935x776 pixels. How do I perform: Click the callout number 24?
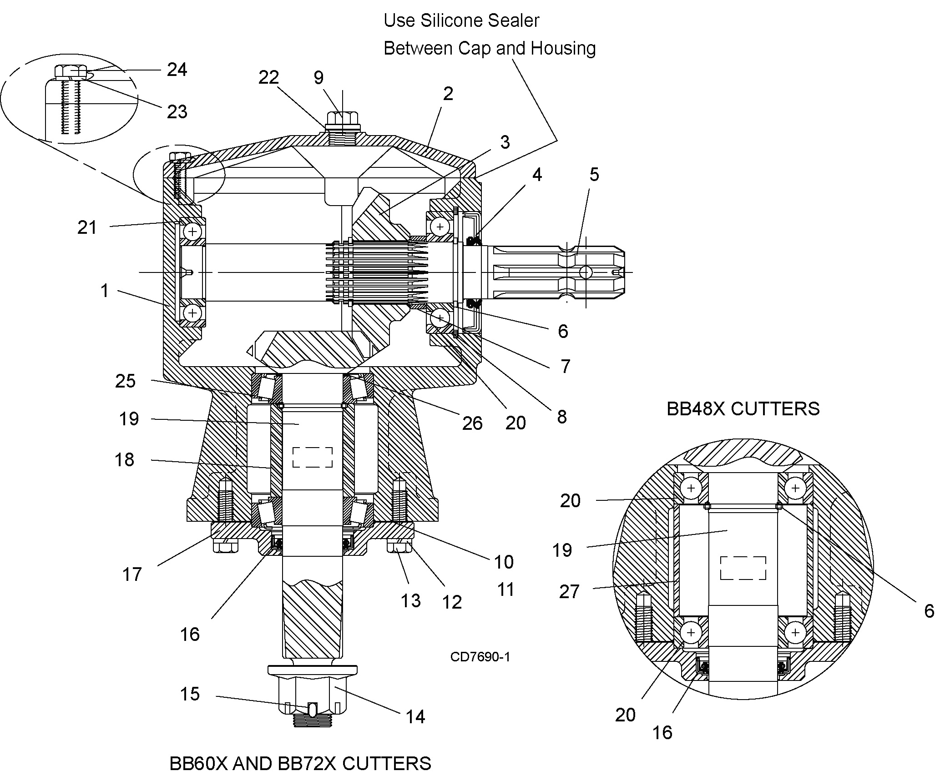pos(177,70)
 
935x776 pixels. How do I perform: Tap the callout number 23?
pos(177,111)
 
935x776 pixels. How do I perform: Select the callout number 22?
pos(268,77)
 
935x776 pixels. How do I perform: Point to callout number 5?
pos(594,174)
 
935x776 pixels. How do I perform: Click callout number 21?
pos(87,227)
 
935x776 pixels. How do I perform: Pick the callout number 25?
pos(125,381)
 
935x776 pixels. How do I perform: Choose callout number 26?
pos(472,423)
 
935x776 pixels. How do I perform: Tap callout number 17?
pos(132,574)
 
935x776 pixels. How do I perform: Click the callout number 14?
pos(415,717)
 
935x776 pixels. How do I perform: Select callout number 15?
pos(190,694)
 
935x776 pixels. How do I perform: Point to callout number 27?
pos(569,592)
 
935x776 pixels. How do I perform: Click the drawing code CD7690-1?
pos(480,657)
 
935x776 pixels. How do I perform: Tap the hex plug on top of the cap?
pos(343,120)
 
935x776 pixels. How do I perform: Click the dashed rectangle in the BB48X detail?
pos(743,568)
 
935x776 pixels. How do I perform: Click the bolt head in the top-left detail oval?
pos(71,72)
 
